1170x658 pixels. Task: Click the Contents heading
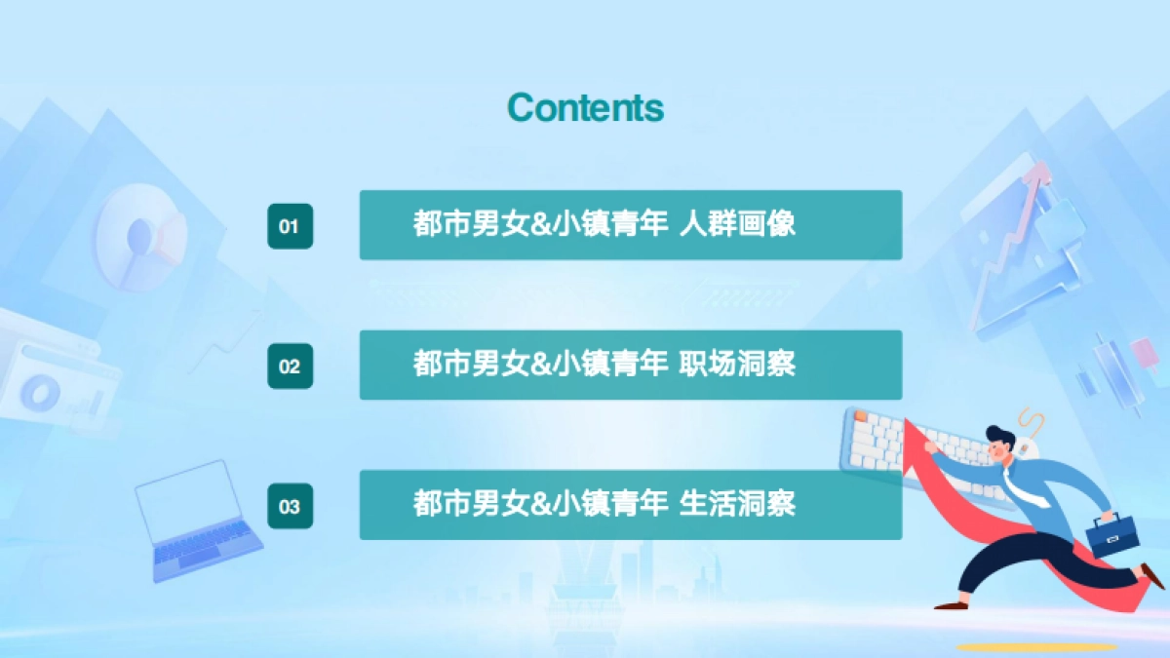click(585, 107)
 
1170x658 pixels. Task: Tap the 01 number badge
click(290, 226)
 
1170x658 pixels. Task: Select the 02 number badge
click(290, 367)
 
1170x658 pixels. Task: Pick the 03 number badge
click(290, 506)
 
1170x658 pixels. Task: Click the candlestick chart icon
click(1111, 375)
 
